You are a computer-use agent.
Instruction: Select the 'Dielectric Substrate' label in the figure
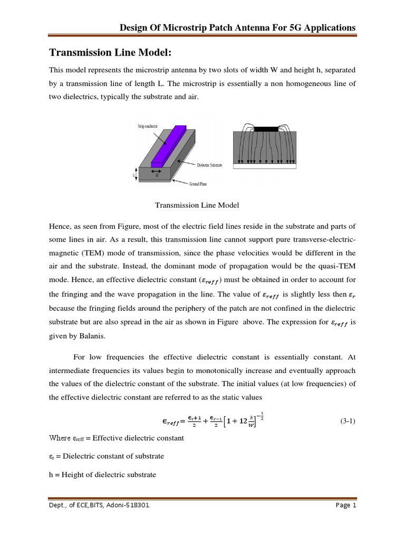point(209,165)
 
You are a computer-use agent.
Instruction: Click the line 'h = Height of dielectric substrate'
point(102,474)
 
